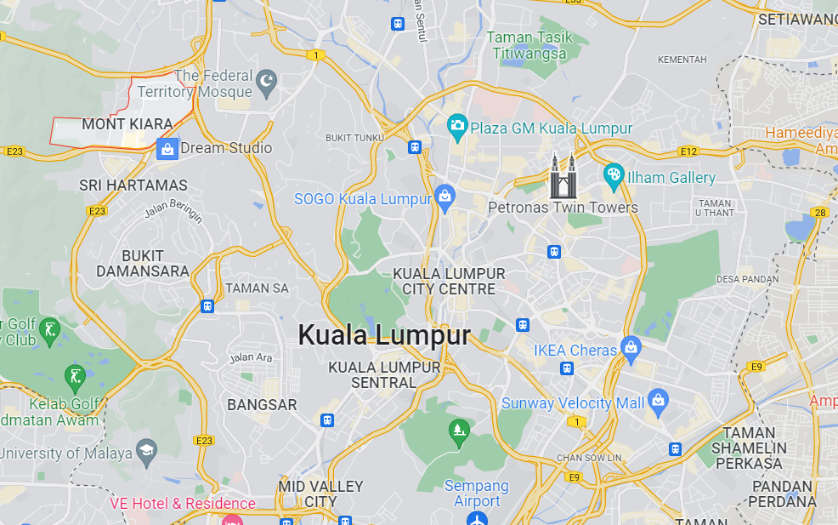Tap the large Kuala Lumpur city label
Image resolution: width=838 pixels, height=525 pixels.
point(384,335)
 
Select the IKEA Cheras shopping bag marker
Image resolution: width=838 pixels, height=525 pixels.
point(631,347)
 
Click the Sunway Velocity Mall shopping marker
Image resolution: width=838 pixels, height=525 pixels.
point(658,399)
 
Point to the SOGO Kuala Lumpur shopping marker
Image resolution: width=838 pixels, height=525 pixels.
point(444,196)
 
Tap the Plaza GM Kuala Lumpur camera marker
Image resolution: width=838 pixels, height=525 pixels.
point(458,128)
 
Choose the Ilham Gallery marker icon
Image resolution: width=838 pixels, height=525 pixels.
point(614,176)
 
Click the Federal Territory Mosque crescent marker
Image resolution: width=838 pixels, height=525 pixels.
point(267,82)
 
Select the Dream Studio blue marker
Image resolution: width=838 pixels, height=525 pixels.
point(167,148)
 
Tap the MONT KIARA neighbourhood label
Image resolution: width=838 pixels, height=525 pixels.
point(127,124)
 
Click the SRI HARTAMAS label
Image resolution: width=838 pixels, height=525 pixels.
point(133,185)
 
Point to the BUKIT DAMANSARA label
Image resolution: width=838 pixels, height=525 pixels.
point(142,263)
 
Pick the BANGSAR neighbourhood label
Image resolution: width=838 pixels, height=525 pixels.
point(262,405)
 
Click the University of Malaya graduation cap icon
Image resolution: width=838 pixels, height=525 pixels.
point(147,450)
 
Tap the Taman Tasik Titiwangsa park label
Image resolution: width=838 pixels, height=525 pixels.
point(529,45)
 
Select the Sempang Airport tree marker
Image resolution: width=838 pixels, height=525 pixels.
point(459,430)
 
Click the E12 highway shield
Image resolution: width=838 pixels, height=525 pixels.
point(688,151)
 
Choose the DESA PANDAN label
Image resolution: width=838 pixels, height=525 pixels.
point(748,279)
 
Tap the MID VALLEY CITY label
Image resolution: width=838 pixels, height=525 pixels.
point(320,494)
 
